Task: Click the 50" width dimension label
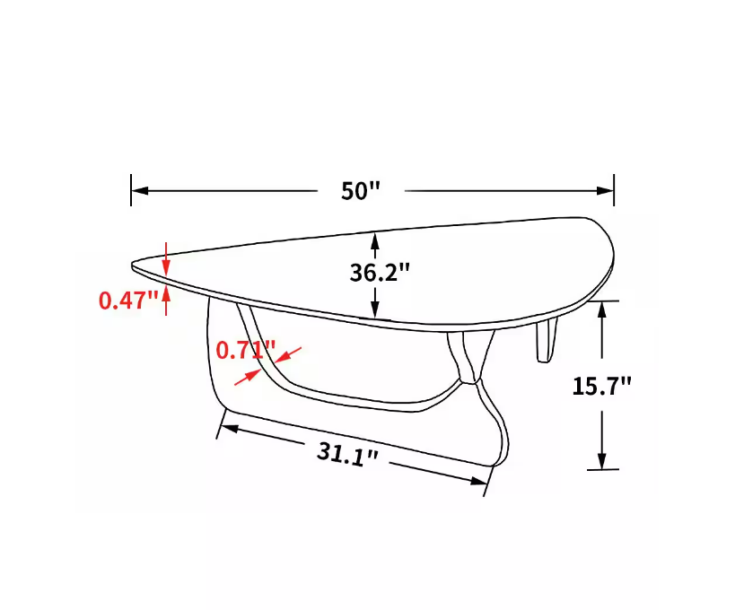361,191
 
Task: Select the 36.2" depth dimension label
380,272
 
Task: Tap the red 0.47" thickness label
129,300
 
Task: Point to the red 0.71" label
245,349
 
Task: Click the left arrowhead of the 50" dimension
139,190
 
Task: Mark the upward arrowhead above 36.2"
374,240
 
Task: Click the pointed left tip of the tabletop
135,265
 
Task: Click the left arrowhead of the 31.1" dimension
227,428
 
